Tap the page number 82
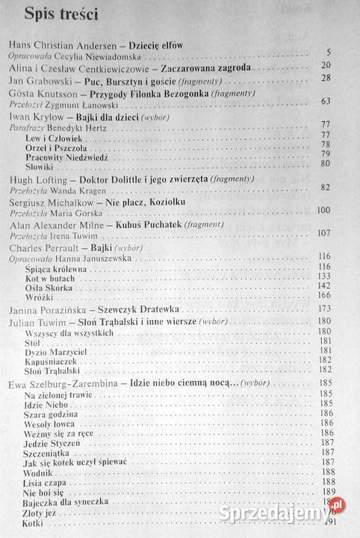pos(344,188)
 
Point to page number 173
pos(343,309)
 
